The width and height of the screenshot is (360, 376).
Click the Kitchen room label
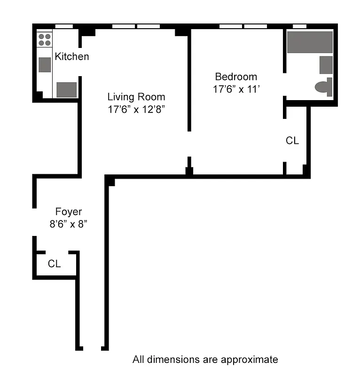click(71, 56)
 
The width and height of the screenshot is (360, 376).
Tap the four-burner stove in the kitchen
click(45, 39)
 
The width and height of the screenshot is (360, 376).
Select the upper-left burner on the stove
click(41, 36)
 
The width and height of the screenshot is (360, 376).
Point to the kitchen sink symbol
click(45, 64)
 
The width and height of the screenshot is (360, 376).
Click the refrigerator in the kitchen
click(66, 89)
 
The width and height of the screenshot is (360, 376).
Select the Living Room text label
click(136, 97)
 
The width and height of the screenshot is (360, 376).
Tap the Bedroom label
click(236, 77)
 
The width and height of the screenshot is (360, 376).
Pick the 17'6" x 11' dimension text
click(236, 89)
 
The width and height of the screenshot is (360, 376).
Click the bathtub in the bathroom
click(310, 42)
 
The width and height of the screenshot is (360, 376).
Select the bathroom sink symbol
click(326, 64)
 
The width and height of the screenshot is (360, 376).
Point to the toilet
click(323, 87)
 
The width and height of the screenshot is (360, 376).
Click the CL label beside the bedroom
click(292, 141)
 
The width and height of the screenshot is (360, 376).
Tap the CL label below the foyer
click(54, 264)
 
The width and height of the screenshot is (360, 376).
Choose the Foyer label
click(69, 212)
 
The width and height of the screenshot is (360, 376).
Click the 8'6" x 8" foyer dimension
click(69, 224)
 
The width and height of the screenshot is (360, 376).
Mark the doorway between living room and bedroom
click(189, 144)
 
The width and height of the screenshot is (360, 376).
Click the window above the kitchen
click(64, 26)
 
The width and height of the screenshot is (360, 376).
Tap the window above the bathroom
click(299, 26)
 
